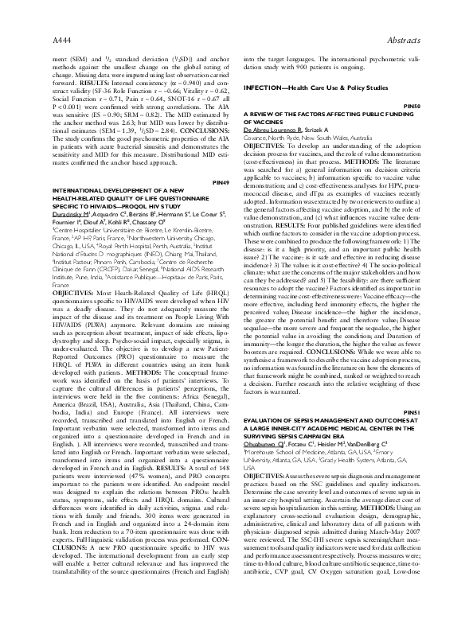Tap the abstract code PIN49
221,183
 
